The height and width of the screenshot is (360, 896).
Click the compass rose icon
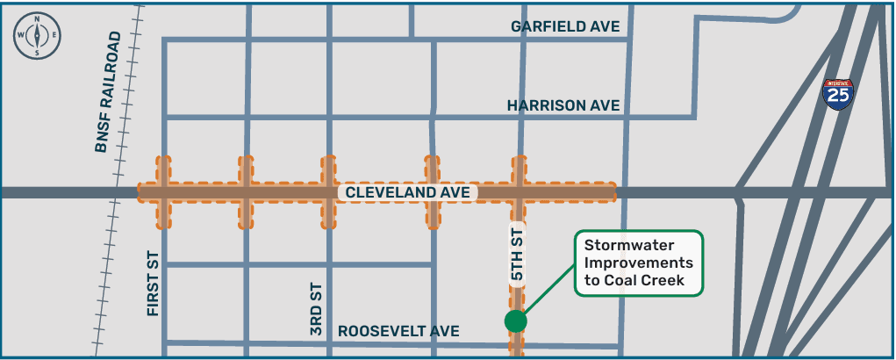pyautogui.click(x=37, y=35)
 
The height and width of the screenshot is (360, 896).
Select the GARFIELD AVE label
pyautogui.click(x=565, y=26)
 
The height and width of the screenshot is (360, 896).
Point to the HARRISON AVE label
pyautogui.click(x=563, y=105)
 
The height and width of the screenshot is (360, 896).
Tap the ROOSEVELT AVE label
pyautogui.click(x=398, y=331)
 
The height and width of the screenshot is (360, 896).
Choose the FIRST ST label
pyautogui.click(x=154, y=282)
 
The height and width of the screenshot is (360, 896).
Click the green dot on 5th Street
pyautogui.click(x=516, y=320)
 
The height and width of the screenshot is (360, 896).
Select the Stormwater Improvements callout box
pyautogui.click(x=639, y=263)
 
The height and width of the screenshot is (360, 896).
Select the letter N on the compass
pyautogui.click(x=37, y=19)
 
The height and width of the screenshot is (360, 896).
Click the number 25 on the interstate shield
pyautogui.click(x=838, y=97)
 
